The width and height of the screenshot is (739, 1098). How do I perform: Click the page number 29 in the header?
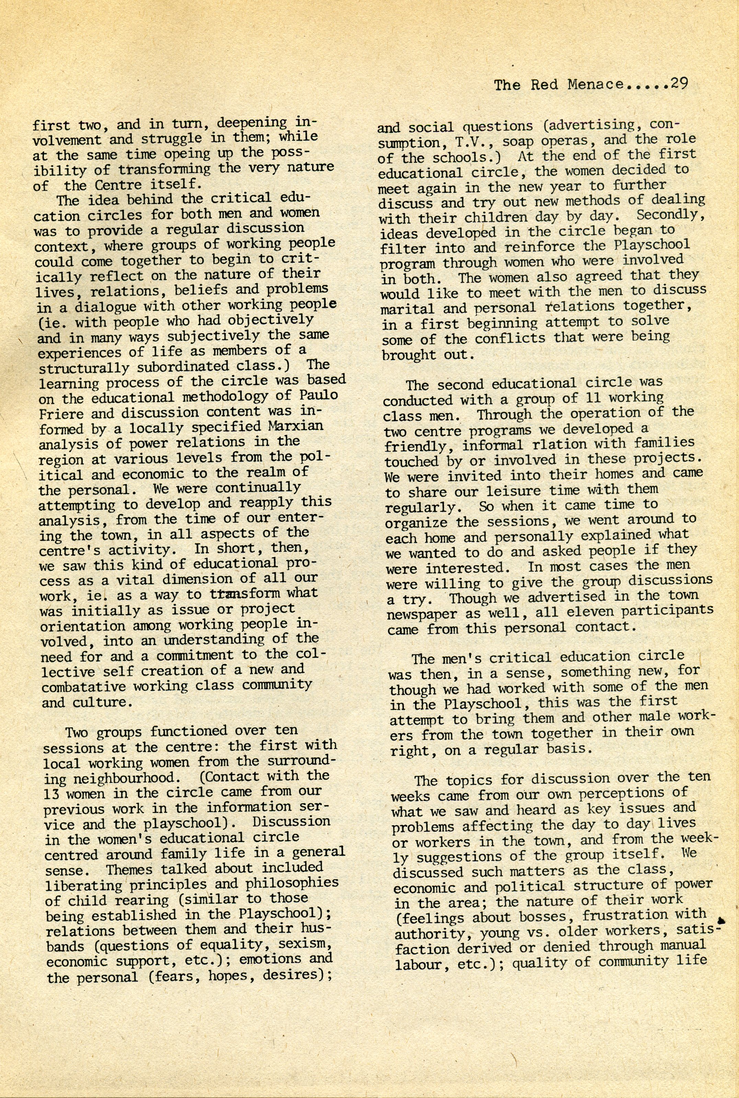pyautogui.click(x=679, y=83)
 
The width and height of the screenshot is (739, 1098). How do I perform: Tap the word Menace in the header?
pyautogui.click(x=595, y=85)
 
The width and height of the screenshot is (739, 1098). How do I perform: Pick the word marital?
pyautogui.click(x=408, y=309)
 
